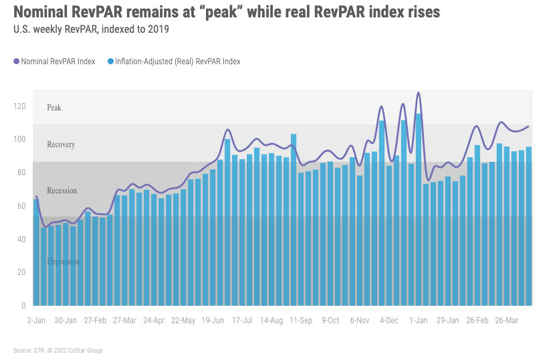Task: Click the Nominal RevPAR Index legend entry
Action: click(x=54, y=62)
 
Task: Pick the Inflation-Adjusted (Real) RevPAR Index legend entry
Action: click(x=173, y=62)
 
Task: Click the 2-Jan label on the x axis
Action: click(x=35, y=321)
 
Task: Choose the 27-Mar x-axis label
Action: click(x=126, y=321)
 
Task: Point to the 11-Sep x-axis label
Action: click(x=302, y=321)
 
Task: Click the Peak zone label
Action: click(x=54, y=107)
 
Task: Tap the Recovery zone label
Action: click(x=61, y=145)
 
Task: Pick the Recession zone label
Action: click(x=62, y=191)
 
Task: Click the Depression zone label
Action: click(x=64, y=262)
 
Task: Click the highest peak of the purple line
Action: click(x=419, y=93)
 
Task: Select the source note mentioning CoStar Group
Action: click(x=58, y=351)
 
